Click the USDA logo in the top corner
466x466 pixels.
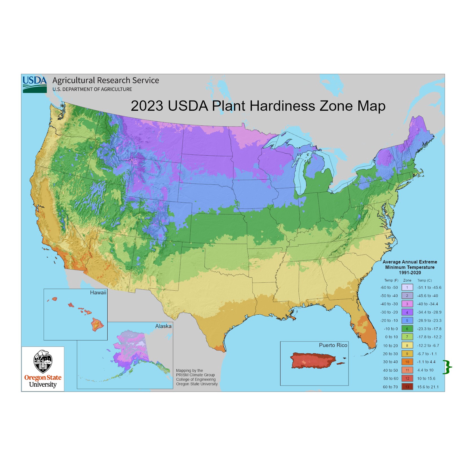tap(35, 84)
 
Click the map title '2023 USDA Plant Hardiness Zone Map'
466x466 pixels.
tap(258, 106)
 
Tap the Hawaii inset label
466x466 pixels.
tap(98, 293)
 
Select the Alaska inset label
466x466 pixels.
tap(163, 326)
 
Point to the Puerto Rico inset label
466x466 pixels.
tap(333, 345)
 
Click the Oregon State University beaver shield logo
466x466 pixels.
tap(43, 362)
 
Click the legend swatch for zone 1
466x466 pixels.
tap(407, 288)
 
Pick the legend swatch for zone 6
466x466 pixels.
tap(407, 329)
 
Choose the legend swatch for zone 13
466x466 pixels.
tap(407, 387)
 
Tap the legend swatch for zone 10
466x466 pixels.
tap(407, 362)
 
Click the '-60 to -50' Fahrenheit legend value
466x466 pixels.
tap(389, 288)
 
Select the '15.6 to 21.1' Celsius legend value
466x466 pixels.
tap(428, 387)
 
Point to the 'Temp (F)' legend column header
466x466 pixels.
tap(391, 280)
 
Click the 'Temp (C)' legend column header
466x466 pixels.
tap(424, 280)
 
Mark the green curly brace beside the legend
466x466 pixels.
tap(447, 367)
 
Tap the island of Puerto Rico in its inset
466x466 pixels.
tap(313, 360)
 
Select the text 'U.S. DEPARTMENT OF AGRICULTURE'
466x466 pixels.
tap(92, 89)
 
